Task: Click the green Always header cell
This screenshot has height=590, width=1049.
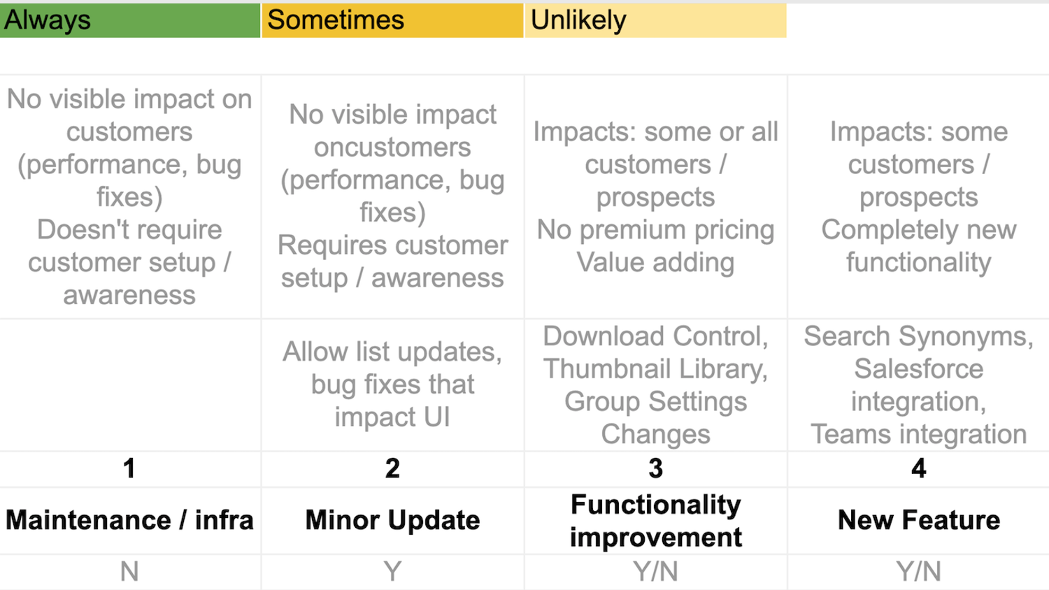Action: coord(129,20)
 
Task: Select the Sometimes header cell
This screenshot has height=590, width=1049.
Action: coord(392,20)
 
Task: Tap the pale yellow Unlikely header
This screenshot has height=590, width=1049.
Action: coord(655,20)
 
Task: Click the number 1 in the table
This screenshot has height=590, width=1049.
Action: coord(129,468)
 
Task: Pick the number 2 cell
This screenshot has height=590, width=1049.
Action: coord(392,468)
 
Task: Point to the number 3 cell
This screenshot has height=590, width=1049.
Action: coord(655,468)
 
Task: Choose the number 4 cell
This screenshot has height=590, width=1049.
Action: coord(918,468)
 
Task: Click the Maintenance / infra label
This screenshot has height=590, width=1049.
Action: coord(129,520)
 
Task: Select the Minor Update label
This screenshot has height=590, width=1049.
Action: coord(392,520)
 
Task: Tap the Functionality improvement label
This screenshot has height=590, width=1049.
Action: coord(655,520)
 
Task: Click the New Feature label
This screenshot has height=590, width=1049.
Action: coord(918,520)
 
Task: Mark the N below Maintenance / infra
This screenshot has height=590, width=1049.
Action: coord(129,572)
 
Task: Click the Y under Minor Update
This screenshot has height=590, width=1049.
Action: coord(392,572)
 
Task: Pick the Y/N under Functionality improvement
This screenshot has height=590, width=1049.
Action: coord(655,572)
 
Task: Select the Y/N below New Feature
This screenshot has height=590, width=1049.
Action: coord(918,572)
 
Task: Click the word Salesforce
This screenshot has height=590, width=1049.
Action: coord(918,368)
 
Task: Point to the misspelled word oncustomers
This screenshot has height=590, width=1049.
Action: coord(392,147)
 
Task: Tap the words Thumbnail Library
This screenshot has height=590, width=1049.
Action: coord(655,368)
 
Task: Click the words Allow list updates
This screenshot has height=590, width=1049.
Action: coord(392,352)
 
